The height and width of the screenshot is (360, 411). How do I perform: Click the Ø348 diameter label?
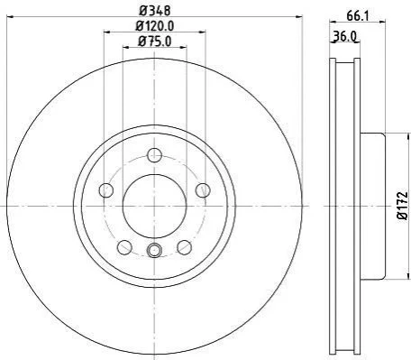[x=155, y=11]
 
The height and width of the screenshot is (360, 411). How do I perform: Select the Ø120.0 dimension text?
[x=155, y=26]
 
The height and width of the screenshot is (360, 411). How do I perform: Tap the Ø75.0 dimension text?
[x=155, y=42]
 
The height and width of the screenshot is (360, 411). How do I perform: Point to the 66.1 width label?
[x=358, y=15]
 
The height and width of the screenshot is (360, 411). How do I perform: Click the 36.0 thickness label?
[x=344, y=37]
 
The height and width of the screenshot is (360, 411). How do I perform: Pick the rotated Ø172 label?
[x=403, y=206]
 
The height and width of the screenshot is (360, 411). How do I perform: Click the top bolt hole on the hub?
[x=154, y=155]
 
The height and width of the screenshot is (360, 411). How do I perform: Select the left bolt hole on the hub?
[x=106, y=190]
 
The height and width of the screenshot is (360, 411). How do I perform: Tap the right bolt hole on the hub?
[x=203, y=190]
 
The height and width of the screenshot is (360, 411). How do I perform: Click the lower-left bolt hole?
[x=124, y=247]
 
